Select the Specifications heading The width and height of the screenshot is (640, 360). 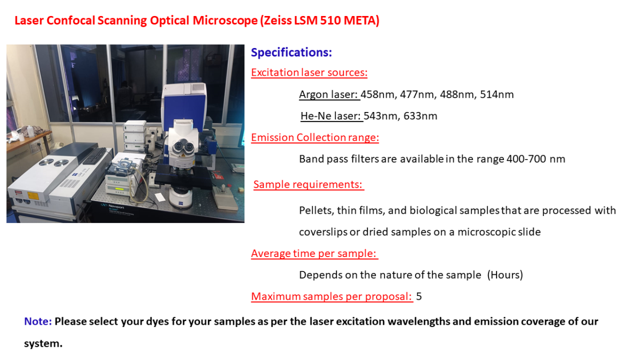291,53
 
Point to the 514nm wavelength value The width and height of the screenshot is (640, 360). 497,94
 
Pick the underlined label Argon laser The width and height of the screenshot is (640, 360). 329,94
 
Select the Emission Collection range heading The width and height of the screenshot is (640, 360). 315,138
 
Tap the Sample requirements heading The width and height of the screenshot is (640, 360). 308,185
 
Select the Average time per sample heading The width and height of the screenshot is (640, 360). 314,253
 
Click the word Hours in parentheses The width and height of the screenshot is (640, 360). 505,275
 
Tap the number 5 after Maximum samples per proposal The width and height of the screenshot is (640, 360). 419,297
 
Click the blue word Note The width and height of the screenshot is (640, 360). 38,322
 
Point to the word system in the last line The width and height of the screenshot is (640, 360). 43,343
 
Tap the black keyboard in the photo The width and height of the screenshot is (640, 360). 95,156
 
